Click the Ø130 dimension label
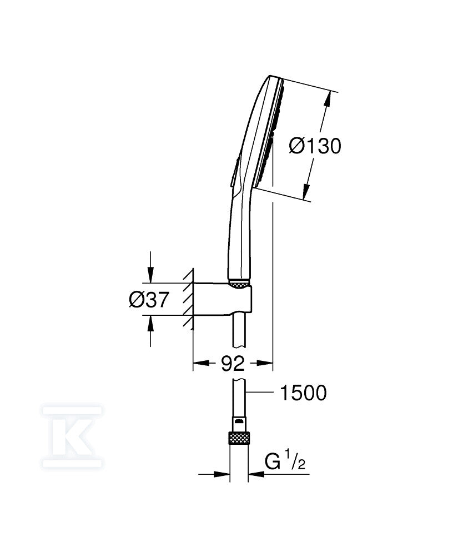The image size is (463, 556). point(315,146)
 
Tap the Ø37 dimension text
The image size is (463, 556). point(149,300)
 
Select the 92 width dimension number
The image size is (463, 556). point(233,364)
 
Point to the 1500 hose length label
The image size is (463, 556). point(303,393)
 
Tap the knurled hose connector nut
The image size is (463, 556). point(240,438)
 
